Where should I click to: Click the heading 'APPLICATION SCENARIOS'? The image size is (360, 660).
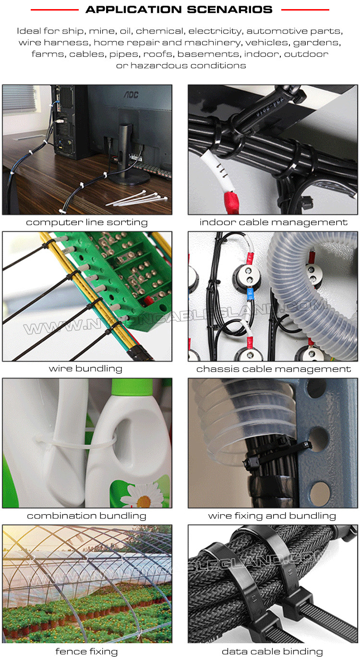(179, 10)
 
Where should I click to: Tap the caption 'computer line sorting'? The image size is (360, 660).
(87, 222)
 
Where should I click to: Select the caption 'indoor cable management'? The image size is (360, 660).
(273, 222)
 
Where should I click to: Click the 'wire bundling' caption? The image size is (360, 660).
(85, 368)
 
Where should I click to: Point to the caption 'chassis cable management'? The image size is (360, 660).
(274, 369)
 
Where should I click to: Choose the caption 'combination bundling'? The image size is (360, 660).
(86, 516)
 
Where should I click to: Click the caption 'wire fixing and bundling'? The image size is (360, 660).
(272, 516)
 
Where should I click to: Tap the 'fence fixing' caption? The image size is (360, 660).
(86, 651)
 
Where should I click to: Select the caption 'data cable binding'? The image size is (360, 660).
(272, 651)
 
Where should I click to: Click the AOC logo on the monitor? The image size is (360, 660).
(131, 94)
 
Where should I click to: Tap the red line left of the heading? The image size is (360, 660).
(55, 10)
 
